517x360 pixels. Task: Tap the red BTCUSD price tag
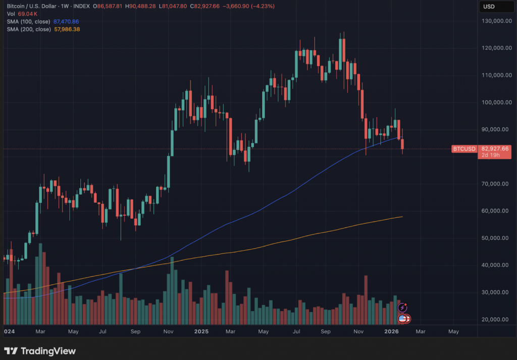[x=463, y=149]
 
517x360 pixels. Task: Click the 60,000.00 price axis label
[x=495, y=211]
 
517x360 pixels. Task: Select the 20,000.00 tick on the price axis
[x=495, y=319]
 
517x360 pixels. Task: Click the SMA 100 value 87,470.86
[x=66, y=22]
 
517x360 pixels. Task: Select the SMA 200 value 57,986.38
[x=67, y=29]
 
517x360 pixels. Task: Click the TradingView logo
[x=40, y=351]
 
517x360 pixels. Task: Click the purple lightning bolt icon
[x=402, y=307]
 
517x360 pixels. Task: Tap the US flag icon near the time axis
[x=403, y=319]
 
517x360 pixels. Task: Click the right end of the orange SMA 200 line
[x=402, y=217]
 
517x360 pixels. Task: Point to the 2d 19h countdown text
[x=490, y=155]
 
